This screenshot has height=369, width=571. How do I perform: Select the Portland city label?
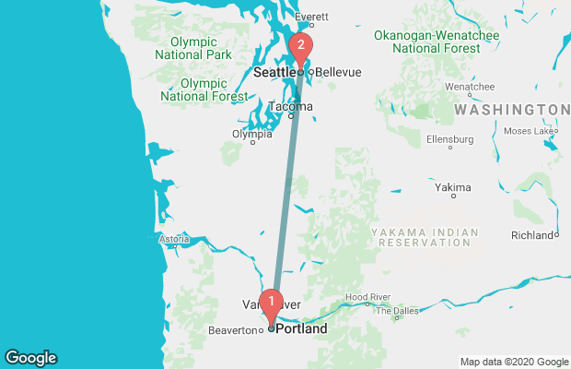pos(301,328)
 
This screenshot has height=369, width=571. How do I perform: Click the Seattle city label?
pos(274,72)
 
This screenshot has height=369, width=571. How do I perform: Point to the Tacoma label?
pos(290,106)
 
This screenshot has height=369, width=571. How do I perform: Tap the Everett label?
pos(311,18)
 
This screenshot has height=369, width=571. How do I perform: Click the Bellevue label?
pos(337,72)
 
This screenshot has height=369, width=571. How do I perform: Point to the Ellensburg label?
pos(449,139)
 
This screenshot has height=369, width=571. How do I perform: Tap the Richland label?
pos(533,235)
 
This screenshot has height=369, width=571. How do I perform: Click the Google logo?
pos(30,358)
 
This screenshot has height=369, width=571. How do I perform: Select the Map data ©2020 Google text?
pos(515,362)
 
